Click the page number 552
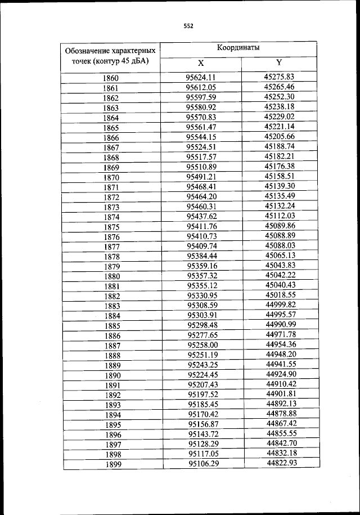[188, 25]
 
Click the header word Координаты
[238, 48]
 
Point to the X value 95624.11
[201, 78]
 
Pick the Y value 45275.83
[280, 77]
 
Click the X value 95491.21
[201, 176]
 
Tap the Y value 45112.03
[280, 216]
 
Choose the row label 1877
[111, 247]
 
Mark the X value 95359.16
[202, 266]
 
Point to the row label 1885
[112, 325]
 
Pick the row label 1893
[112, 405]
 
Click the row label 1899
[112, 464]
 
